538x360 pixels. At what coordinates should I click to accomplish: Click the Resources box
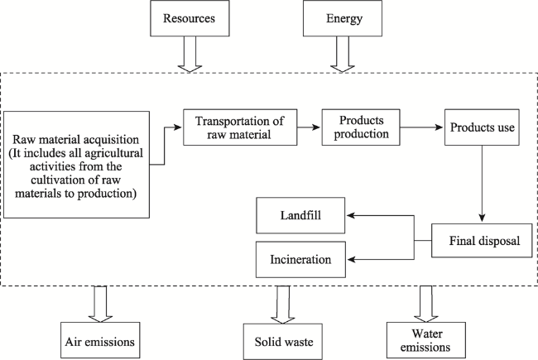point(190,18)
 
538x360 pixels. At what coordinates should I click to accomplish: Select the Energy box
point(343,18)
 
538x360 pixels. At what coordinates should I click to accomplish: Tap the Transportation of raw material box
point(240,127)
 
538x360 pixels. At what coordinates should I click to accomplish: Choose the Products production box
point(361,127)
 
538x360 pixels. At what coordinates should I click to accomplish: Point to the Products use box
point(482,127)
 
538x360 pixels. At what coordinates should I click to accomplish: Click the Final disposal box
point(482,241)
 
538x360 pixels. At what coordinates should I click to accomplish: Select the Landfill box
point(300,215)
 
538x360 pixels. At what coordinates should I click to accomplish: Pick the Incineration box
point(300,259)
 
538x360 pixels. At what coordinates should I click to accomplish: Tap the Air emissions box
point(100,340)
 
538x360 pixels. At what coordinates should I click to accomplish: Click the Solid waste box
point(283,342)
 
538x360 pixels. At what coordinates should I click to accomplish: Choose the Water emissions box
point(426,340)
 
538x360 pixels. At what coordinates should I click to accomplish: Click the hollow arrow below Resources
point(190,55)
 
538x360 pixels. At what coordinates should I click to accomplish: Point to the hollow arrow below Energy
point(343,55)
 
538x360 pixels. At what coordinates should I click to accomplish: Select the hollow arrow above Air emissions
point(100,304)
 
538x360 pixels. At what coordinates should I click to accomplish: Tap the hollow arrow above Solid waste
point(283,305)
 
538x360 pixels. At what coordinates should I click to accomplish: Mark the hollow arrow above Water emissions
point(426,304)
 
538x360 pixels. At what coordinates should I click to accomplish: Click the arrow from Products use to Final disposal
point(482,184)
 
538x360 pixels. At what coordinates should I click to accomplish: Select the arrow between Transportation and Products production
point(309,127)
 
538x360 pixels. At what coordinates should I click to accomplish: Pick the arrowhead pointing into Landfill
point(350,215)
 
